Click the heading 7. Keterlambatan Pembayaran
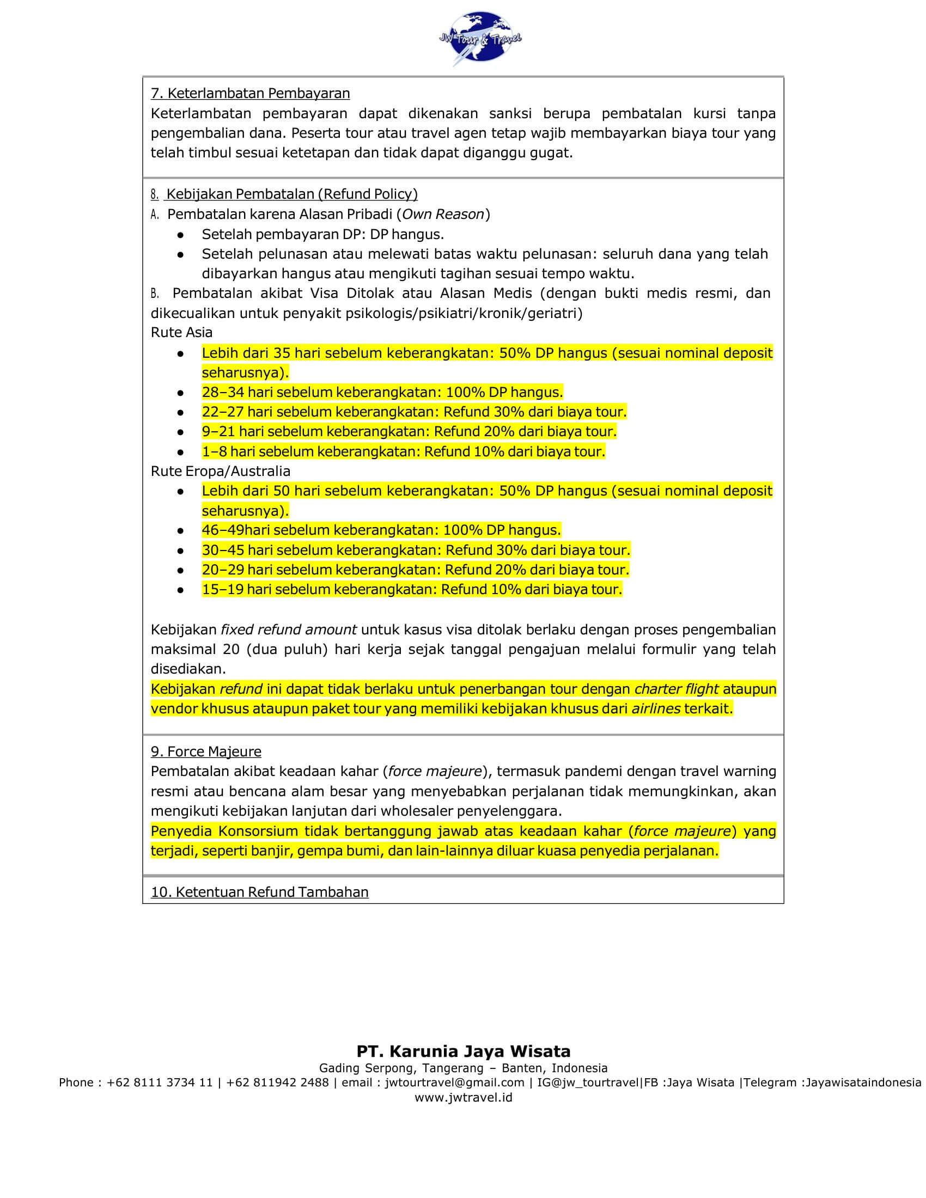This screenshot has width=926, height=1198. [x=250, y=93]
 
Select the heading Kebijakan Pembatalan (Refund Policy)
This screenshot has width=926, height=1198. [x=292, y=194]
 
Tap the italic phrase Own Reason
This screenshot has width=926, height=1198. [x=444, y=214]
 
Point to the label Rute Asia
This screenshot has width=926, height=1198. [x=181, y=332]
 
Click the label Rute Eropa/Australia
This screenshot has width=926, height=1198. [x=221, y=471]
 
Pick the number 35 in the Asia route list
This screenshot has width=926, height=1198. [x=282, y=353]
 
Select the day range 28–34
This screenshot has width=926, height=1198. [x=223, y=392]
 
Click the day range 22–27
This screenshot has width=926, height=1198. [x=223, y=412]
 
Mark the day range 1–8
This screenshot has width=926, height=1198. [x=214, y=451]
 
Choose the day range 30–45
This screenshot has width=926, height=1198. [x=223, y=550]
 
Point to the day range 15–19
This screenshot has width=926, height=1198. [x=222, y=590]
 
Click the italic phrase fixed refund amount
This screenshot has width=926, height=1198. [x=289, y=629]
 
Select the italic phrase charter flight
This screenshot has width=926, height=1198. [x=677, y=689]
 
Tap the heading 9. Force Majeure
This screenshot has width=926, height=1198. [x=206, y=751]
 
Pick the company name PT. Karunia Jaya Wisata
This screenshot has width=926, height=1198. [x=464, y=1051]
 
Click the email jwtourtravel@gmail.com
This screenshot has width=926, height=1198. [x=455, y=1082]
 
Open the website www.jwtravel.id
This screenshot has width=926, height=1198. [x=464, y=1097]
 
